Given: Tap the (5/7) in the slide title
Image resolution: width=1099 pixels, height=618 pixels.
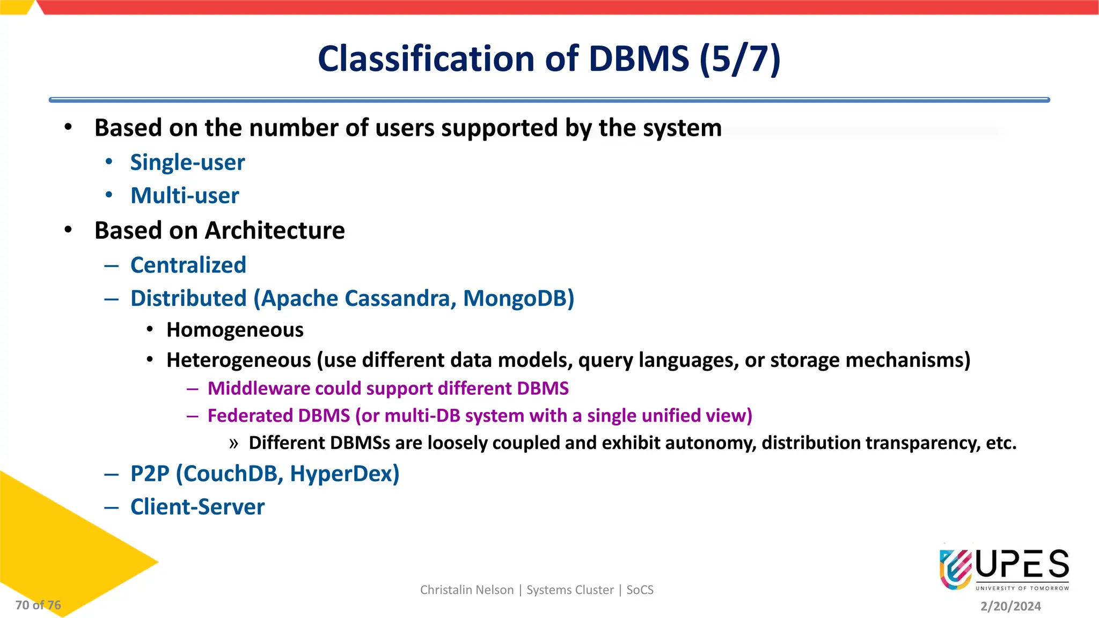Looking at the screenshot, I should click(740, 58).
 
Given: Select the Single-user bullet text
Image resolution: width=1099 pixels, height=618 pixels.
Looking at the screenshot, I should click(187, 163).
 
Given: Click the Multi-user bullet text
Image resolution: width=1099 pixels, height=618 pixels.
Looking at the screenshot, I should click(185, 196).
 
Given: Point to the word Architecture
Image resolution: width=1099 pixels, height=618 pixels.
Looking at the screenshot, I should click(275, 231).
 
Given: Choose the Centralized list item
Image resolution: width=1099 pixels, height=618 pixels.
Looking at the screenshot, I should click(188, 265).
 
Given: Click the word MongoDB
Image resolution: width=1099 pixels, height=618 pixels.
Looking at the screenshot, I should click(518, 298).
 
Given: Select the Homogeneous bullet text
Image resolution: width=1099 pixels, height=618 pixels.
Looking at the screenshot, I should click(235, 330).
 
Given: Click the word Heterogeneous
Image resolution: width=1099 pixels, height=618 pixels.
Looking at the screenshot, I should click(239, 360).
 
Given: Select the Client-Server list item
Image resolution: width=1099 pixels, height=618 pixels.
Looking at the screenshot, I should click(197, 507).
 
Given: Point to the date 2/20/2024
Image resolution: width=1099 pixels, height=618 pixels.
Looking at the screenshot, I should click(1010, 606).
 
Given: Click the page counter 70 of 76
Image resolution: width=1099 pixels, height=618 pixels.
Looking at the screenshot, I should click(38, 605).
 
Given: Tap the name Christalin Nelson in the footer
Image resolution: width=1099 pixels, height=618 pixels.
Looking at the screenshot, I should click(467, 590).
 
